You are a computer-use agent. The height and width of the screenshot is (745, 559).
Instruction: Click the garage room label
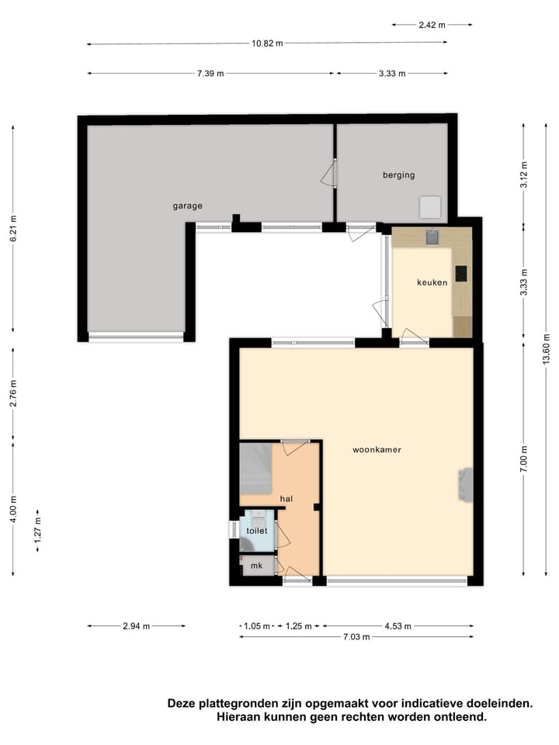[187, 206]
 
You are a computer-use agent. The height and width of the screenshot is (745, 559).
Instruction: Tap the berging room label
[398, 175]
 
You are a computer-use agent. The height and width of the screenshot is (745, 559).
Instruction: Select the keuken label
[432, 282]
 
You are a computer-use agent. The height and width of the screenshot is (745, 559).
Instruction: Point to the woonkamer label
[377, 449]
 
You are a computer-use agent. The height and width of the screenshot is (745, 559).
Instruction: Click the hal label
[286, 498]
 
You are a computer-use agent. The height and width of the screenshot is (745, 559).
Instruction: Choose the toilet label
[256, 531]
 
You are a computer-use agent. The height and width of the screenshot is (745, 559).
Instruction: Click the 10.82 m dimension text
[267, 43]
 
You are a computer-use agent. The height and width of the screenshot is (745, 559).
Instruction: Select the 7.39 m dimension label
[210, 74]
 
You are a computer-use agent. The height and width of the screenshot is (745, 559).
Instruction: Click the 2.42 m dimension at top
[432, 25]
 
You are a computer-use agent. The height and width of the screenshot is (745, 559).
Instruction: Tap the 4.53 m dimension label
[397, 625]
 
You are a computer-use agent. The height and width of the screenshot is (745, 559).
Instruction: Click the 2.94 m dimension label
[136, 625]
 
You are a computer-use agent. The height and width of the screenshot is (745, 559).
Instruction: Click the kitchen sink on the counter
[432, 237]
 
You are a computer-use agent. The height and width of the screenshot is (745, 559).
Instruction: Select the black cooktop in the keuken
[461, 273]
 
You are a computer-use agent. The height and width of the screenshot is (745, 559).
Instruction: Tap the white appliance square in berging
[430, 207]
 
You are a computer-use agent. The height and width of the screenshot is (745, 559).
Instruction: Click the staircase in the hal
[255, 468]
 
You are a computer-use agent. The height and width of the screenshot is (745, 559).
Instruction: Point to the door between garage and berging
[329, 173]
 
